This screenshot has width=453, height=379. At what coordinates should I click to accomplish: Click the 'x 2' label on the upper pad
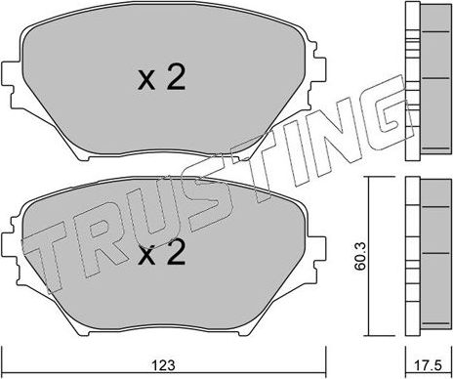tap(160, 79)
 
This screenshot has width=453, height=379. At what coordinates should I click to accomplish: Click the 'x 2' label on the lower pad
tap(160, 256)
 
